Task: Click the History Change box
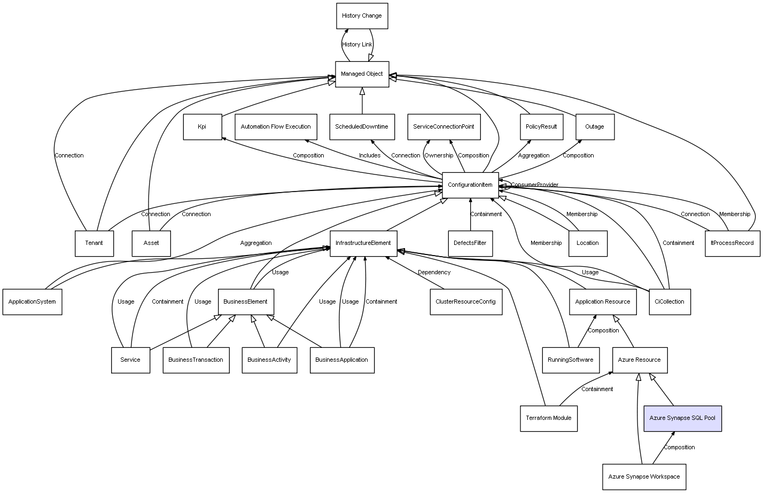(362, 16)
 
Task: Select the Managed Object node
(362, 74)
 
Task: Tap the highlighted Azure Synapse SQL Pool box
(682, 418)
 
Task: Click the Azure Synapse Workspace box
(644, 477)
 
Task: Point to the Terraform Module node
(548, 418)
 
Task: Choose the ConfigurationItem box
(470, 185)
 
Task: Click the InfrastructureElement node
(363, 243)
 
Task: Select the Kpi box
(203, 127)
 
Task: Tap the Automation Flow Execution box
(276, 127)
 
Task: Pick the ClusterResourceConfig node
(465, 302)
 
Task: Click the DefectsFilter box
(470, 243)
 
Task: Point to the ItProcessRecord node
(732, 243)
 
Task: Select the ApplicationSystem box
(32, 302)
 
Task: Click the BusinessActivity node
(269, 360)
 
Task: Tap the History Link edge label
(357, 45)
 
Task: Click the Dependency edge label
(434, 273)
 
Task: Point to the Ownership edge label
(439, 155)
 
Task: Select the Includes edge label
(370, 155)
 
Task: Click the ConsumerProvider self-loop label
(534, 185)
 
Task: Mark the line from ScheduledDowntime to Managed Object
(362, 101)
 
